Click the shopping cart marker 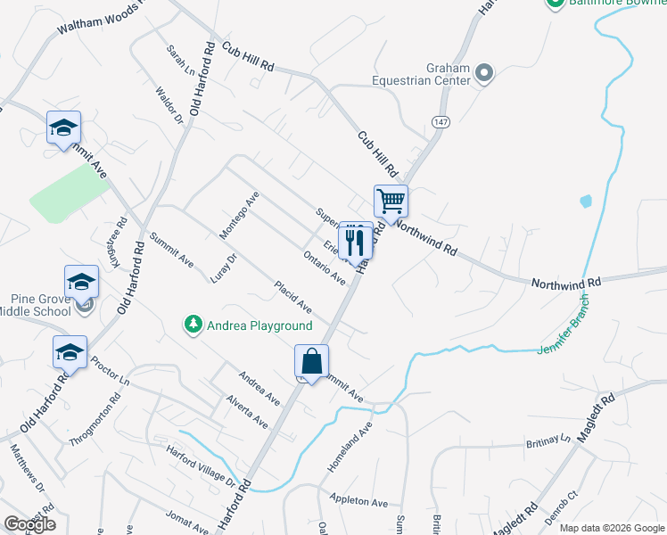[x=391, y=200]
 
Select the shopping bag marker [x=311, y=362]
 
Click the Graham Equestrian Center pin [x=484, y=73]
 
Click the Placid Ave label [x=292, y=297]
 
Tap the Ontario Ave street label [x=324, y=267]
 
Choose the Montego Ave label [x=240, y=215]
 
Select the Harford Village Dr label [x=200, y=465]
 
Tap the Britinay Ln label [x=548, y=440]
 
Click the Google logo [x=29, y=524]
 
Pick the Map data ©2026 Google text [x=611, y=528]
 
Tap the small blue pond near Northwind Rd [x=585, y=202]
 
